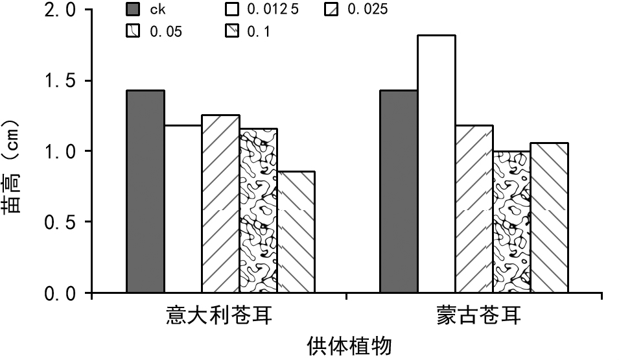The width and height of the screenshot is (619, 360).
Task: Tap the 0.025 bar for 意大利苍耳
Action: point(220,204)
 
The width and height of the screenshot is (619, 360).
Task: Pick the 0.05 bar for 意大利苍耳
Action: point(258,211)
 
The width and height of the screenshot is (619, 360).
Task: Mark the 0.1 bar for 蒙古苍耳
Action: point(549,218)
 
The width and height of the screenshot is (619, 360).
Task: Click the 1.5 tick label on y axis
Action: point(58,81)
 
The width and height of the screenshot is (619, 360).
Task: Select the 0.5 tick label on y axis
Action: point(58,222)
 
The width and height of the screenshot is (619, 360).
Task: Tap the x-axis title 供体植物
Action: point(350,345)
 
